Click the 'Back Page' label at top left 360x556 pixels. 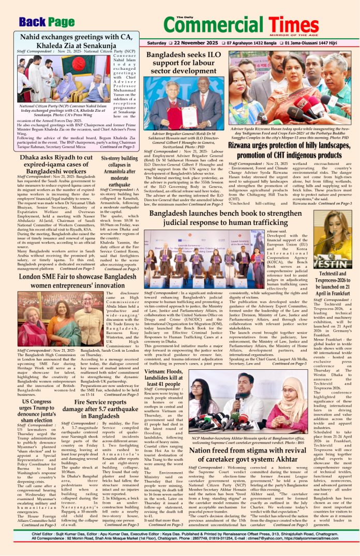click(47, 21)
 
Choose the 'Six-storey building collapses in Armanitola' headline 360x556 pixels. click(119, 171)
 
